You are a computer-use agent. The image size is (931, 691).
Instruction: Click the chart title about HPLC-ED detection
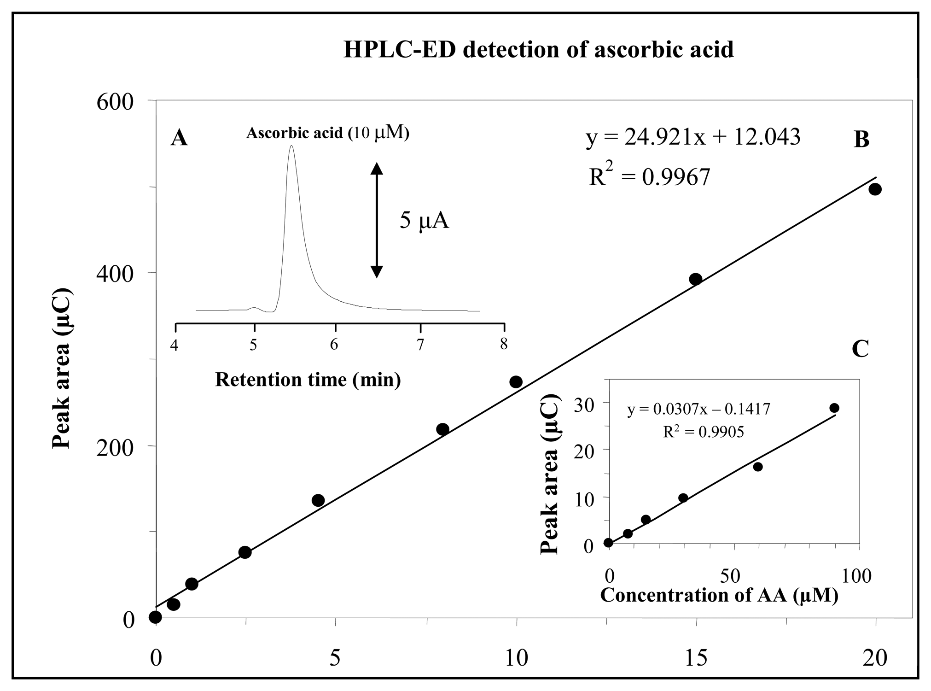pyautogui.click(x=538, y=50)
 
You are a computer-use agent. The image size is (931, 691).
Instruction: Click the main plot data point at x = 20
pyautogui.click(x=875, y=189)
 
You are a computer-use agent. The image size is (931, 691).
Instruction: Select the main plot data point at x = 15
pyautogui.click(x=695, y=279)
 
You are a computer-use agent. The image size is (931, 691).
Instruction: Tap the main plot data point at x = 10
pyautogui.click(x=516, y=382)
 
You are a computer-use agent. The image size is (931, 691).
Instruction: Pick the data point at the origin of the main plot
pyautogui.click(x=156, y=617)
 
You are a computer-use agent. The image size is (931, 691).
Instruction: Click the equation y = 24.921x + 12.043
pyautogui.click(x=692, y=137)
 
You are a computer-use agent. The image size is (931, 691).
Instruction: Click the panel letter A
pyautogui.click(x=179, y=138)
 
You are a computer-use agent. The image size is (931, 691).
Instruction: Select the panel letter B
pyautogui.click(x=861, y=140)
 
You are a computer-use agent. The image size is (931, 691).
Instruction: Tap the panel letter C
pyautogui.click(x=860, y=349)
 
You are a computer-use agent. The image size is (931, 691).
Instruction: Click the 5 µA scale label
pyautogui.click(x=424, y=221)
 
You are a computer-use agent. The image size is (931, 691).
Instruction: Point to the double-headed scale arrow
pyautogui.click(x=377, y=221)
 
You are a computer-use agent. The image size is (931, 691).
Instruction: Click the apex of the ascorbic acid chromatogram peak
pyautogui.click(x=291, y=146)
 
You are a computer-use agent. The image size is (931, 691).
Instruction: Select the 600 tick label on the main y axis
pyautogui.click(x=115, y=101)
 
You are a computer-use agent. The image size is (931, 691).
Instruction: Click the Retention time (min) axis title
pyautogui.click(x=308, y=380)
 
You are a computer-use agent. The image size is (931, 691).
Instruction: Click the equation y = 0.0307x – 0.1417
pyautogui.click(x=698, y=409)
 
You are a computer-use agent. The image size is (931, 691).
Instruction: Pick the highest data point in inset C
pyautogui.click(x=834, y=408)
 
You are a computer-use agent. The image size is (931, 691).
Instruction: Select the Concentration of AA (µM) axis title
pyautogui.click(x=719, y=595)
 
